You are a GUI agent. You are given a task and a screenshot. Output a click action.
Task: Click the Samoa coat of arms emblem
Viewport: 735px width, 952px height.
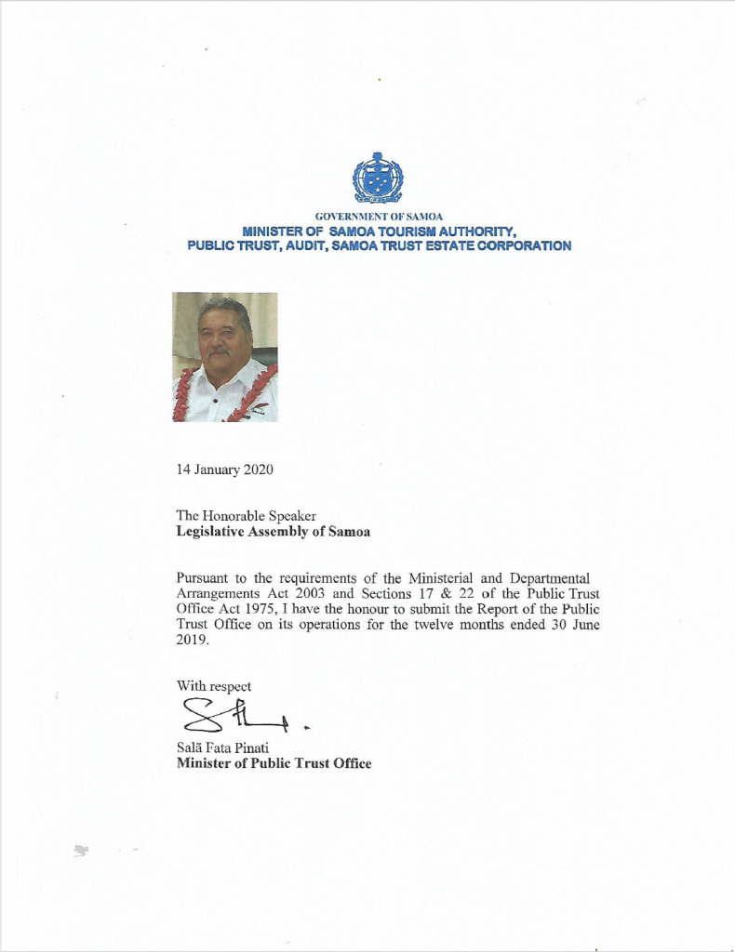pos(378,178)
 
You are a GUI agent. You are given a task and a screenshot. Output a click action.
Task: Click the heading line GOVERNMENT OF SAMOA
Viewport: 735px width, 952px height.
pos(379,217)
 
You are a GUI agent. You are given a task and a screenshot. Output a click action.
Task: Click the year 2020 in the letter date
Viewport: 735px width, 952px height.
pos(258,469)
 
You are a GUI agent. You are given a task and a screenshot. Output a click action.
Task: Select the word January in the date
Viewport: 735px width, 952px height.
pos(217,469)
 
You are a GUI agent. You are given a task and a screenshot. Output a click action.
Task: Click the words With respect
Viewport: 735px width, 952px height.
pos(214,686)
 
